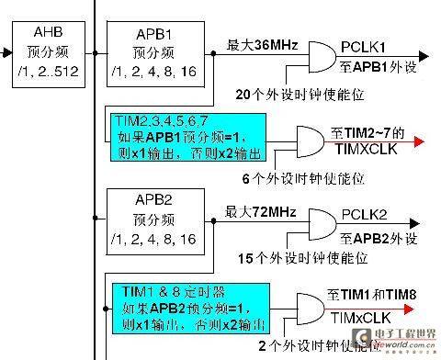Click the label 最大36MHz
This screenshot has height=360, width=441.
pyautogui.click(x=260, y=44)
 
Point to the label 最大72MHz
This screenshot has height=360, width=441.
pyautogui.click(x=260, y=213)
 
